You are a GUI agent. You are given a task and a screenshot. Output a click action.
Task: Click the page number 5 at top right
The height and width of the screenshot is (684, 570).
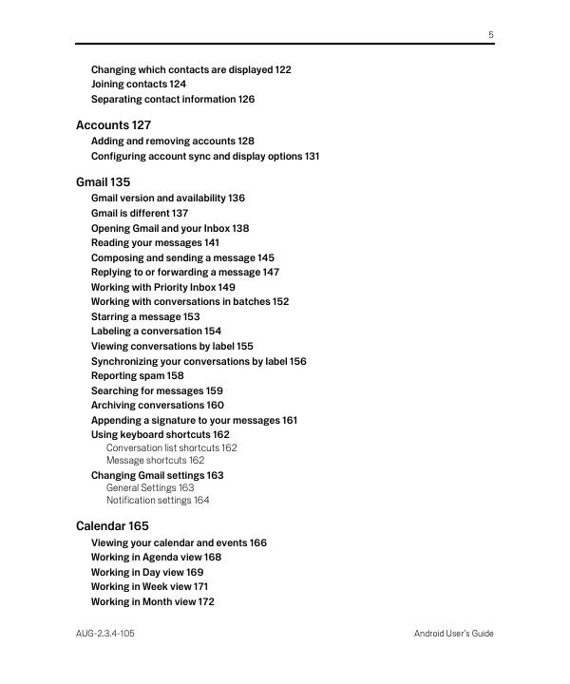[491, 34]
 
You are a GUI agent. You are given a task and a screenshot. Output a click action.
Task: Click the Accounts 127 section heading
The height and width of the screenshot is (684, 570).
[113, 124]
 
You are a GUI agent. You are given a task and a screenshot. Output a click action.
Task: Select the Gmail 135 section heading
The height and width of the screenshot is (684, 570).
[103, 181]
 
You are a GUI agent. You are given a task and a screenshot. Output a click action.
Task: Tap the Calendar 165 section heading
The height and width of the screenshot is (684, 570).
[112, 525]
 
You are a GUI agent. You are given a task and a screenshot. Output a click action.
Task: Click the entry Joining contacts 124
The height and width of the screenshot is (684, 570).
[138, 85]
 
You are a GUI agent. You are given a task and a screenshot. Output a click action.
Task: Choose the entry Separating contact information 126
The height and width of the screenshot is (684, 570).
[172, 99]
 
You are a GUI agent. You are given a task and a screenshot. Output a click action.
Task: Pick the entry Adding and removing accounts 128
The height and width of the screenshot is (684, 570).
[172, 141]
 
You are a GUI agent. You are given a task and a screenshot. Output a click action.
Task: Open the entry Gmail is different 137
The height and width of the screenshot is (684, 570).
[139, 213]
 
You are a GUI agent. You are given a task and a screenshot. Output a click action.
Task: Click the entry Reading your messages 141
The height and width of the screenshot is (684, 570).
[155, 242]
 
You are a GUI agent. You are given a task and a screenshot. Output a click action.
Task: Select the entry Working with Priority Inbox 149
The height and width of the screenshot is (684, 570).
[162, 287]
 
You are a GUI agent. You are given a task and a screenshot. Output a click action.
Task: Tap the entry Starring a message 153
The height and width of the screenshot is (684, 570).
[144, 316]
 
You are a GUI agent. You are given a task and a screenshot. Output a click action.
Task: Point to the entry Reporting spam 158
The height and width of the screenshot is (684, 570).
[137, 375]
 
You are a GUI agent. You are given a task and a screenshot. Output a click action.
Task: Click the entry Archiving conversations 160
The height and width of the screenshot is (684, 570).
[157, 405]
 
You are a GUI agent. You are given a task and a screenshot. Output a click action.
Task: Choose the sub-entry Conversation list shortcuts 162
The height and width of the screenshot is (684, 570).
[171, 447]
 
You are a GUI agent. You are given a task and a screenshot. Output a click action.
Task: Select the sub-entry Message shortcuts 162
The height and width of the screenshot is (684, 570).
[155, 460]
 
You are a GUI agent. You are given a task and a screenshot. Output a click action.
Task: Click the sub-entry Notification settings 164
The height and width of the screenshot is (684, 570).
[158, 500]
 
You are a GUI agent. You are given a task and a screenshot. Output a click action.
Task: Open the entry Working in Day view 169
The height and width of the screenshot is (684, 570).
[146, 572]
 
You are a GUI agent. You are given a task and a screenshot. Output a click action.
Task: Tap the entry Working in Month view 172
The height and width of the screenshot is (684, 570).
[152, 601]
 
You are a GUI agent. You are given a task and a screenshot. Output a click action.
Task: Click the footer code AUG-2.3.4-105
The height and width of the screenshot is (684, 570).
[104, 634]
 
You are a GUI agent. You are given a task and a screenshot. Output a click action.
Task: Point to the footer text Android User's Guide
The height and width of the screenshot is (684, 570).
[453, 634]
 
